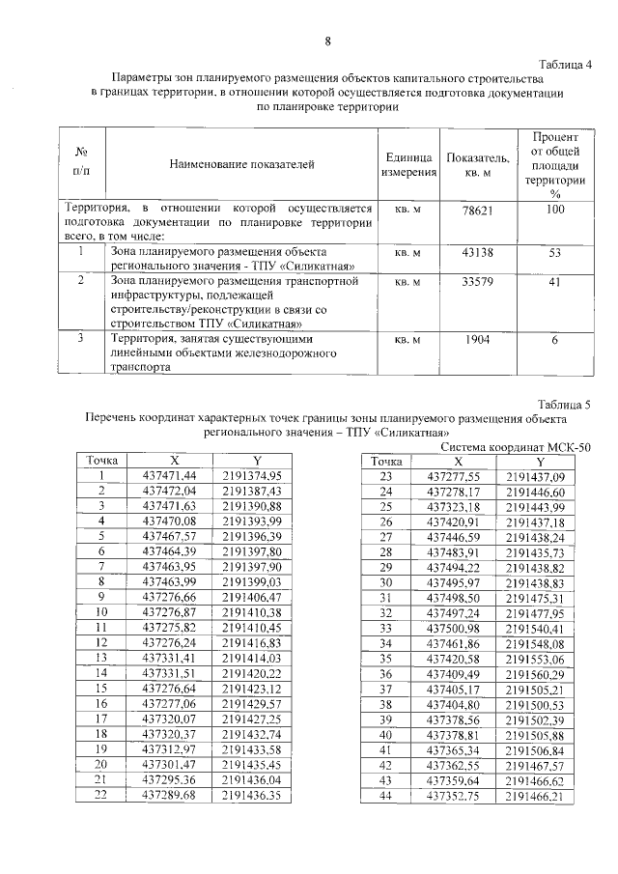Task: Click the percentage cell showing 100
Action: pos(554,209)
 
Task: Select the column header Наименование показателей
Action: pos(242,165)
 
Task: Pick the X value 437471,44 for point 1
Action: pos(169,476)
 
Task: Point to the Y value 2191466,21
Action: pos(534,797)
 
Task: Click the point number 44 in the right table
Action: pos(383,797)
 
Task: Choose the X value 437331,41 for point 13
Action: pos(169,659)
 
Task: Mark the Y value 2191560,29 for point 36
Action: pos(534,674)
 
